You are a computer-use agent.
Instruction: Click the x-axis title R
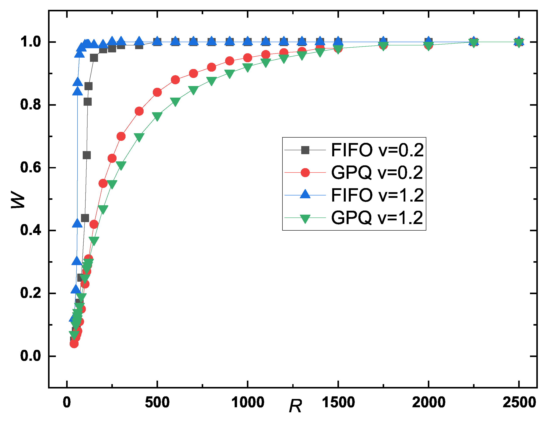(x=295, y=406)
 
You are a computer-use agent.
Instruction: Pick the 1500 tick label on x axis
(x=338, y=403)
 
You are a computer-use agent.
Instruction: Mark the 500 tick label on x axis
(x=157, y=403)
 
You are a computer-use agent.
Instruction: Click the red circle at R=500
(x=157, y=92)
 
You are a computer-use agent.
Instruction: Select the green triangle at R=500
(x=157, y=116)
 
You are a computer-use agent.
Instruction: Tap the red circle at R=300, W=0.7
(x=121, y=136)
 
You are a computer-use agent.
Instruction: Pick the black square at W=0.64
(x=87, y=155)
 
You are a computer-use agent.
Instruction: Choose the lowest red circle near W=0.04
(x=74, y=343)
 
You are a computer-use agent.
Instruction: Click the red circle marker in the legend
(x=305, y=173)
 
